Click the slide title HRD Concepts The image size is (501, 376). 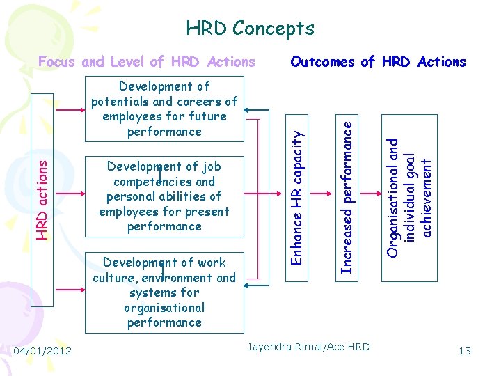coord(250,29)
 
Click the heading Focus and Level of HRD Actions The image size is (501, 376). coord(146,61)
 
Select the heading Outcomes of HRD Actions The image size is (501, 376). coord(378,61)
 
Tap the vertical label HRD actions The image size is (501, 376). coord(44,197)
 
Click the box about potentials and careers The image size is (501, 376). coord(164,109)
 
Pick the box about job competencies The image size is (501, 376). coord(164,196)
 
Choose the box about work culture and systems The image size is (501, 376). coord(164,292)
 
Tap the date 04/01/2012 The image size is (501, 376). coord(42,350)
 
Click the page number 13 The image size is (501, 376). coord(464,350)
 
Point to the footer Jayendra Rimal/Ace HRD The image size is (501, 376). coord(309,346)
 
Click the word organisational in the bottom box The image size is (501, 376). coord(164,308)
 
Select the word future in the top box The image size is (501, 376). coord(206,116)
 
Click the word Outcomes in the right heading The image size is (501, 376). coord(324,61)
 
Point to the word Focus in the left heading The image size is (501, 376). coord(57,61)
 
